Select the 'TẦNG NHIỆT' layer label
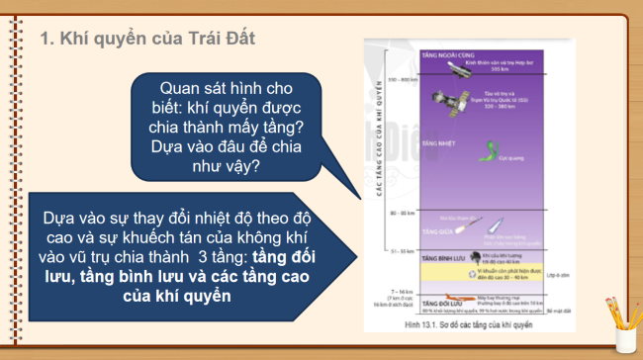click(437, 143)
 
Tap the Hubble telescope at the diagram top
click(461, 66)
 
